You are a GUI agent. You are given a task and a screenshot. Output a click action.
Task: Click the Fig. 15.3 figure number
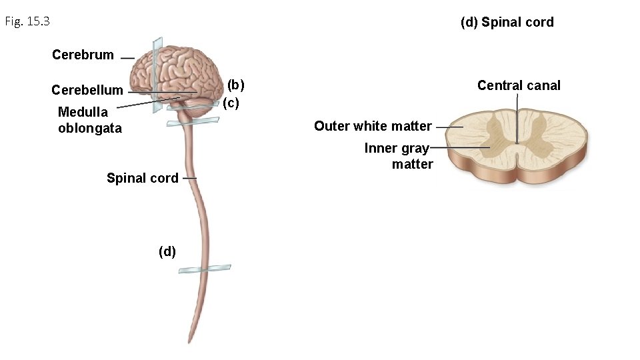point(27,22)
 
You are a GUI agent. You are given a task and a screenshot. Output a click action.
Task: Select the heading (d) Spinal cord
point(507,22)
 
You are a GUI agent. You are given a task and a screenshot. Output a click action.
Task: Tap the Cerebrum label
point(83,55)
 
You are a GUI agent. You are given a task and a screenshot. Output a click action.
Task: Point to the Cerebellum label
point(87,90)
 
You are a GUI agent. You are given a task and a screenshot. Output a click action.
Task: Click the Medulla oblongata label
point(89,120)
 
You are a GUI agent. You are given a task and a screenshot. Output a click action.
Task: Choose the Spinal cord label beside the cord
point(142,178)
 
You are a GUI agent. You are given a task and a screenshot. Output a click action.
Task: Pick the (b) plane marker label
point(236,85)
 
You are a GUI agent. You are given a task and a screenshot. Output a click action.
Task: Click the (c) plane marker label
point(231,103)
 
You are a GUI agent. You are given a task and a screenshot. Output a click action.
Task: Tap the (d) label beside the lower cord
point(167,251)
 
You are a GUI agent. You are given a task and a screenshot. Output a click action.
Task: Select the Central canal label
point(519,85)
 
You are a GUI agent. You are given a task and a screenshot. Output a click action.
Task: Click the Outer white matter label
point(373,126)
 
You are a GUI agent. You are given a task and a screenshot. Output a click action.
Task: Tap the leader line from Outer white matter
point(450,127)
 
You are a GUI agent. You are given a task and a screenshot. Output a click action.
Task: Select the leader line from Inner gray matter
point(460,147)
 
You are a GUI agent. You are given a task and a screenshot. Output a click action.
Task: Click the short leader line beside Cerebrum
point(127,58)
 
